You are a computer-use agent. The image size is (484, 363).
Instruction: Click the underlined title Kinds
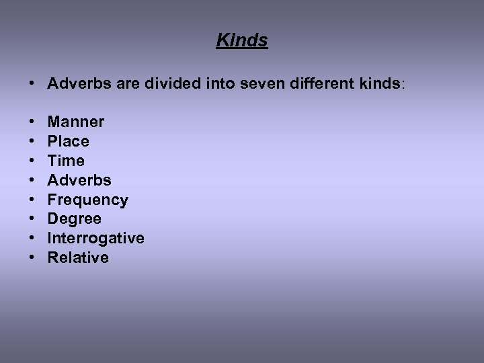(x=242, y=40)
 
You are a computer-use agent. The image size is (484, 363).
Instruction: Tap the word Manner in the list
(x=76, y=122)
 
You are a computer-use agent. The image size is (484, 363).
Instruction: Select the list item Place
(x=69, y=141)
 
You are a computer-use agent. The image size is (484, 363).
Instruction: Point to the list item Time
(x=66, y=161)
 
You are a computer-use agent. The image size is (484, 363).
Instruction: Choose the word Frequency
(x=87, y=200)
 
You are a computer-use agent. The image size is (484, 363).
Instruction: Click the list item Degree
(x=75, y=218)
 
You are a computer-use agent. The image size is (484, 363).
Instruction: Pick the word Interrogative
(x=96, y=238)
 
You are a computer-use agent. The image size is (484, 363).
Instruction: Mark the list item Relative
(x=78, y=257)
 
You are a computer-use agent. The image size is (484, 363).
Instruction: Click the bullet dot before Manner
(x=32, y=122)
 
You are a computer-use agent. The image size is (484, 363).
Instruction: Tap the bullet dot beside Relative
(x=32, y=258)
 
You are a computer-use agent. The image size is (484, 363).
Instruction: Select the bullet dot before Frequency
(x=32, y=200)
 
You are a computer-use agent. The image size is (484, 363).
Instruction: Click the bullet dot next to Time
(x=32, y=161)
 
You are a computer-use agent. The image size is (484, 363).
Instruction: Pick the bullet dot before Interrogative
(x=32, y=239)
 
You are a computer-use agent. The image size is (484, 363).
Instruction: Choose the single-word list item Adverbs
(x=79, y=180)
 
